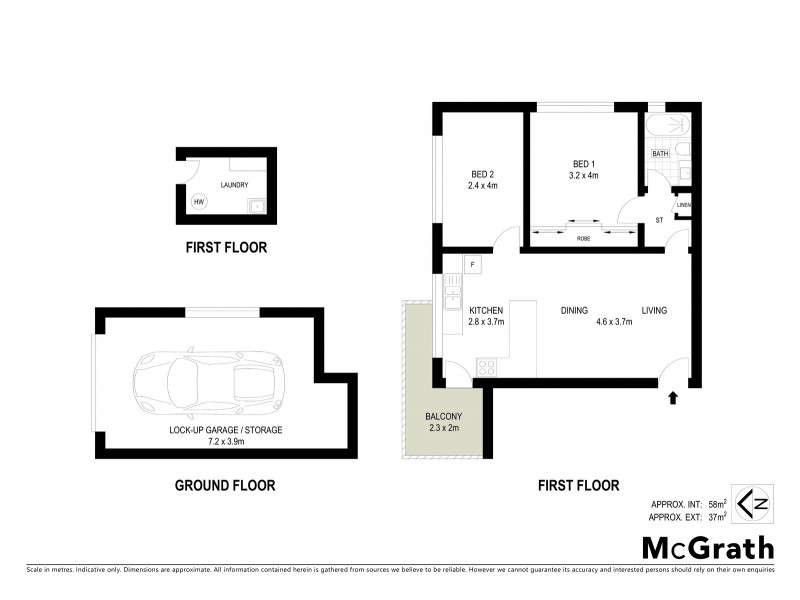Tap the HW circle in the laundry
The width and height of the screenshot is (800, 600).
198,200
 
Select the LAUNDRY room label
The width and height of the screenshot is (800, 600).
234,185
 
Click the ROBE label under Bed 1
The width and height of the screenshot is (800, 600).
583,239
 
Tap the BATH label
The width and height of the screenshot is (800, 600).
660,154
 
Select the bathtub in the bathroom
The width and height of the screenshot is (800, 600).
666,126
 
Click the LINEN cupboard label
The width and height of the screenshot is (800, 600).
684,206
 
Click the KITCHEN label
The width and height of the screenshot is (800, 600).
486,310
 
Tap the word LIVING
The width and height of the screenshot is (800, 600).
654,310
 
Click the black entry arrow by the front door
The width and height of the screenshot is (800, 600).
672,398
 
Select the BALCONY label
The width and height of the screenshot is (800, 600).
442,417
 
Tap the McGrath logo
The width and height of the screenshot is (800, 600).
707,547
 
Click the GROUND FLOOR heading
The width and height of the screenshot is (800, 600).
225,486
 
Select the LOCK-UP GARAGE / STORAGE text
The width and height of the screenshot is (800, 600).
226,430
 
